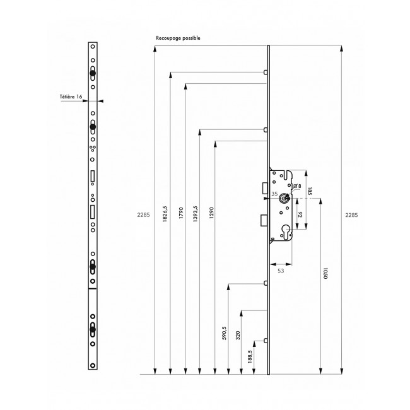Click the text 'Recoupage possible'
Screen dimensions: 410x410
(x=178, y=38)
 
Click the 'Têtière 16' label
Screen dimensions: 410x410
(x=71, y=97)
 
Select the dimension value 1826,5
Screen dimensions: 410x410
(x=165, y=214)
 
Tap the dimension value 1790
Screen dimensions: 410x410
(x=181, y=213)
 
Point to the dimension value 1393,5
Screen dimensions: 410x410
(x=196, y=214)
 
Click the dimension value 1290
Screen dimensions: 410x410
(x=211, y=213)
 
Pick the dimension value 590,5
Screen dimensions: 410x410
(x=224, y=333)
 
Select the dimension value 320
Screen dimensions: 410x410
(x=238, y=335)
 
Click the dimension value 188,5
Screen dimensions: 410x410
(x=250, y=356)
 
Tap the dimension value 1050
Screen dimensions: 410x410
(x=325, y=273)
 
